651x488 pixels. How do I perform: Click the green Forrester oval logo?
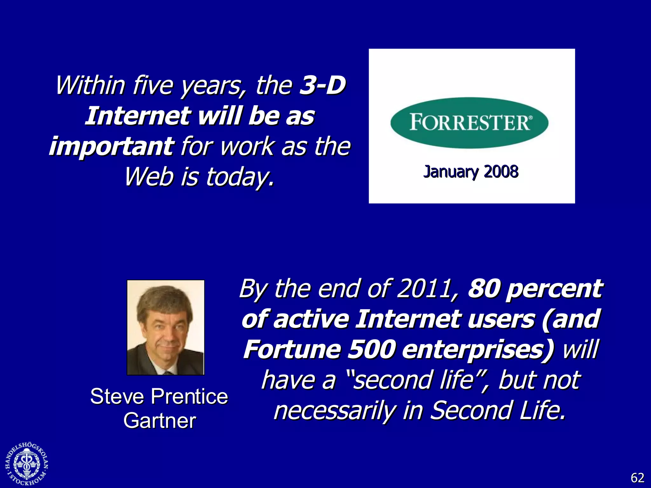(469, 123)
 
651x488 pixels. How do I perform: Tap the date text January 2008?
(471, 172)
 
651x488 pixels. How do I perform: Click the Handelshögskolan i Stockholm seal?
(27, 464)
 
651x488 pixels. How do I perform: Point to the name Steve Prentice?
(159, 396)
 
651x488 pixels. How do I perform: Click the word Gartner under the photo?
(160, 421)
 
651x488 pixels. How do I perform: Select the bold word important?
(111, 146)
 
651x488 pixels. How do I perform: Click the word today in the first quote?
(239, 177)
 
